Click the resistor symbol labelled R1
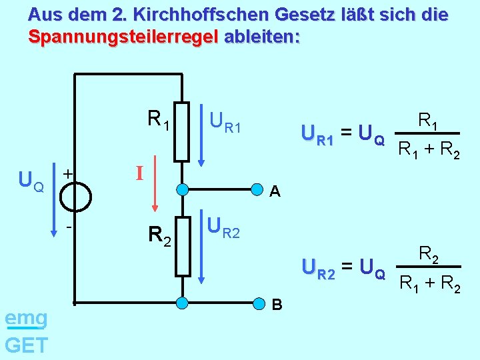pyautogui.click(x=181, y=131)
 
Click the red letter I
pyautogui.click(x=140, y=174)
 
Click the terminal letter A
pyautogui.click(x=274, y=192)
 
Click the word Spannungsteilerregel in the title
pyautogui.click(x=122, y=37)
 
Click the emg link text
pyautogui.click(x=25, y=319)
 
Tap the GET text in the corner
pyautogui.click(x=26, y=345)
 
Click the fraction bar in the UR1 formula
pyautogui.click(x=429, y=133)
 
